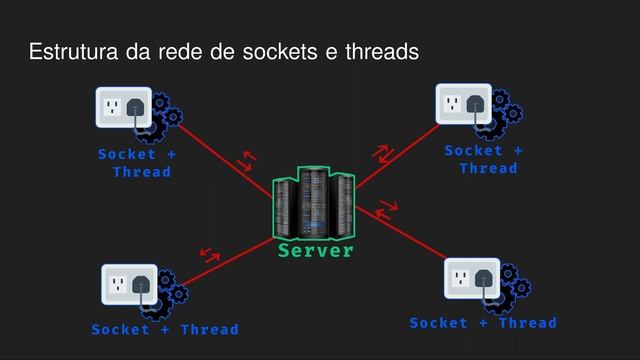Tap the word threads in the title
(x=380, y=51)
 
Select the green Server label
(x=316, y=250)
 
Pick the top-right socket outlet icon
(x=463, y=104)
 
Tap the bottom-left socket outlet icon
(x=129, y=284)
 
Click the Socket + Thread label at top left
(x=137, y=163)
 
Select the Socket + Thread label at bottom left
(x=165, y=329)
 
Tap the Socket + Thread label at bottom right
(x=483, y=323)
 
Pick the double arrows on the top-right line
(x=383, y=154)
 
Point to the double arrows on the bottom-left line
(x=211, y=254)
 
